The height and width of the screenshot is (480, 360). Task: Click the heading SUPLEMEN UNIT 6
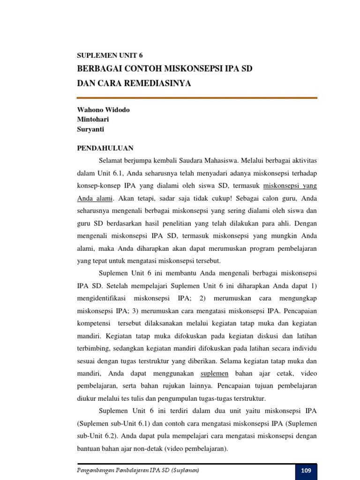[109, 55]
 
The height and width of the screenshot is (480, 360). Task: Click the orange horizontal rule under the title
[197, 98]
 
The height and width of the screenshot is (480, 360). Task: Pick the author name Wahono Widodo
[103, 110]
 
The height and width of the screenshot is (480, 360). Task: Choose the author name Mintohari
[93, 119]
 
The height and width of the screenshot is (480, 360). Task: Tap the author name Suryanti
[91, 128]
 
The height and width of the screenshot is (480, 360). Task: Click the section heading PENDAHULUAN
[105, 148]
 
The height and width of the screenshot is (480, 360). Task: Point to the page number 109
[306, 471]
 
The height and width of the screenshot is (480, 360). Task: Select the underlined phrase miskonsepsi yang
[290, 185]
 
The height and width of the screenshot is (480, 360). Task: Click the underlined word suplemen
[214, 373]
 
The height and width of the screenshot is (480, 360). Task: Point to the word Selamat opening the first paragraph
[112, 160]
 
